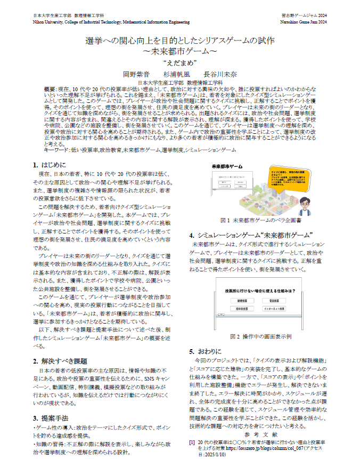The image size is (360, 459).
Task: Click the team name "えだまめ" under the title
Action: [x=180, y=62]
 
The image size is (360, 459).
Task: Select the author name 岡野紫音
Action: [x=137, y=74]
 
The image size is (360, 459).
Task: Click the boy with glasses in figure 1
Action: [x=304, y=204]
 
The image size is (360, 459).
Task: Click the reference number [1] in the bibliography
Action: [x=192, y=442]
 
